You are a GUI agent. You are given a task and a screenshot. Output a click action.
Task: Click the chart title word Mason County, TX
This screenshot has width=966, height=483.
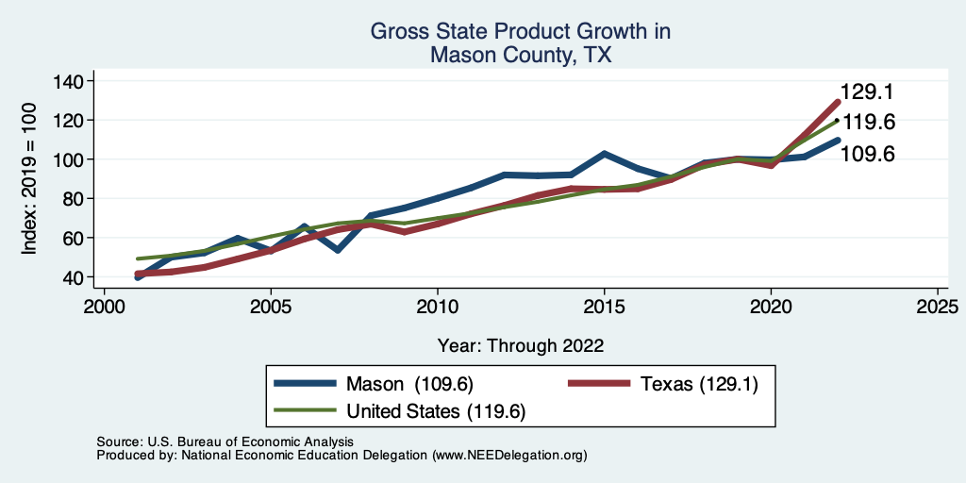pos(520,55)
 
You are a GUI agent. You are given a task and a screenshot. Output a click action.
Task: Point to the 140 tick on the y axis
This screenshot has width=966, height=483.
pos(68,81)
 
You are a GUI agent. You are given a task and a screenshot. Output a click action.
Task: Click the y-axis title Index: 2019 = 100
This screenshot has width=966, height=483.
pos(30,179)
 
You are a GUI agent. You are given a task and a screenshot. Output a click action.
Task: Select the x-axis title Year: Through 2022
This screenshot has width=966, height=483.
pos(520,345)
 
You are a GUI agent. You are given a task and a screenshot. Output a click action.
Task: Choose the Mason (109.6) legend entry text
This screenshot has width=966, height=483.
pos(409,384)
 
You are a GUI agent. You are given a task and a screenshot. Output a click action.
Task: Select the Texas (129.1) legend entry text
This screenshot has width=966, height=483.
pos(698,384)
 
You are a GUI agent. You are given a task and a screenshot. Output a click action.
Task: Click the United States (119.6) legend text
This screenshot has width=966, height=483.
pos(436,411)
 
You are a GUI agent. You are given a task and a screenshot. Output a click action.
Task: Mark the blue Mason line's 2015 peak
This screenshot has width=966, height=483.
pos(604,154)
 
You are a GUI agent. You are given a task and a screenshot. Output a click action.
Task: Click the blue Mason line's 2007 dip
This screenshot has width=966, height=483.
pos(337,250)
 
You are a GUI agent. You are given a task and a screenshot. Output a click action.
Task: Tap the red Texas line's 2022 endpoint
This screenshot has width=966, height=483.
pos(837,102)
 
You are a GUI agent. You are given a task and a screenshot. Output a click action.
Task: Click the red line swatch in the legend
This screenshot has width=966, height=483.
pos(598,384)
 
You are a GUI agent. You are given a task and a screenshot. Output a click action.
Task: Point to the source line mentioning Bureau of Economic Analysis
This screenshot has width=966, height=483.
pos(225,441)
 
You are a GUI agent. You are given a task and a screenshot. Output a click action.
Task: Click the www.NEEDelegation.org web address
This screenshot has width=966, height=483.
pos(509,455)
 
